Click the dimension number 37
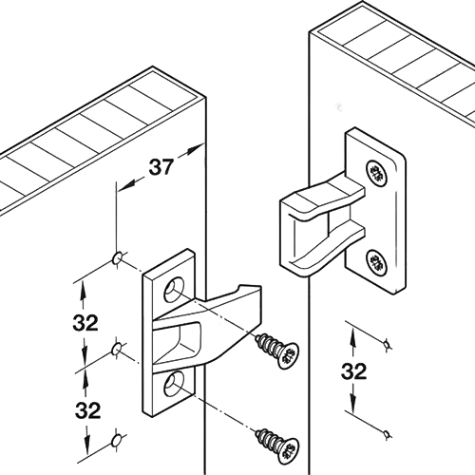[x=161, y=167]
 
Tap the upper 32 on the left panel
[x=85, y=323]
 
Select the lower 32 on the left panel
[x=87, y=410]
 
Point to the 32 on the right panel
[x=354, y=371]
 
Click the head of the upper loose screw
[x=288, y=356]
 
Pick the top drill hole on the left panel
[x=117, y=258]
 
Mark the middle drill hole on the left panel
[x=116, y=350]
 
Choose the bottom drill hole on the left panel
[x=117, y=441]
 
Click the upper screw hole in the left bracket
[x=174, y=290]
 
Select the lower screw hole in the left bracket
[x=174, y=384]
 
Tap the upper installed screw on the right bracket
[x=377, y=173]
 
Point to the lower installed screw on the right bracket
[x=377, y=262]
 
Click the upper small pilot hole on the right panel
[x=386, y=344]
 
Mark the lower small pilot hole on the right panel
[x=386, y=433]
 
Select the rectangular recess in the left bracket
[x=177, y=344]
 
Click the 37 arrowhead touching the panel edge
[x=195, y=149]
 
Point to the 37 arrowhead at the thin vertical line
[x=125, y=186]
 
